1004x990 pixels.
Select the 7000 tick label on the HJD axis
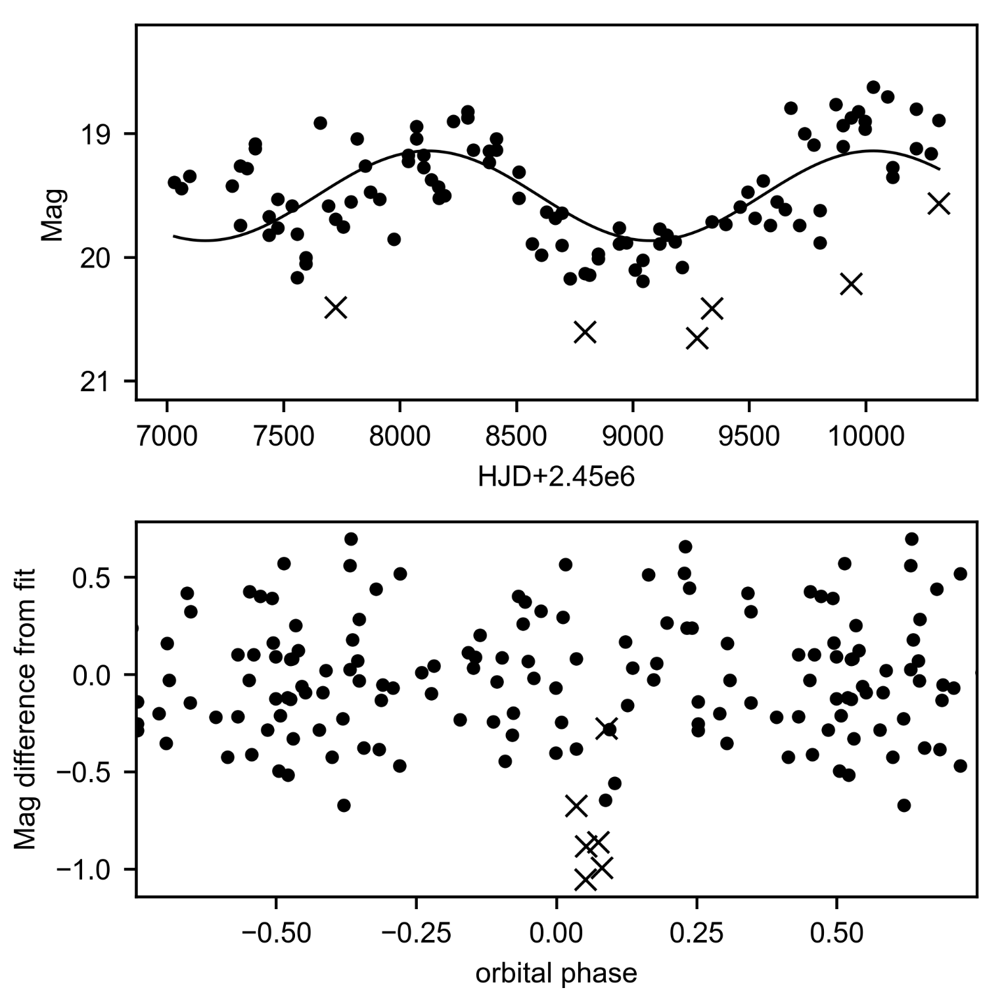(167, 436)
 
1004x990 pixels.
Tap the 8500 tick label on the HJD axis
(516, 436)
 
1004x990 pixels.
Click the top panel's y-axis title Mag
(52, 215)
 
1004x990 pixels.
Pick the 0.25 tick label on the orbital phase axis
(696, 933)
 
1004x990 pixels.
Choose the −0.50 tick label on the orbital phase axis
(276, 933)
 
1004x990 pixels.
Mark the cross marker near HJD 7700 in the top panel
(336, 307)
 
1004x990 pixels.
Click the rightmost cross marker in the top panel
(939, 204)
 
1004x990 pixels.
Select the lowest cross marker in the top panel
(697, 339)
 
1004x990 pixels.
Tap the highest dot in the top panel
(873, 87)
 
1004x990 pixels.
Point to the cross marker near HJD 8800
(585, 332)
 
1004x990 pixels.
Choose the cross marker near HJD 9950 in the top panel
(851, 284)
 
